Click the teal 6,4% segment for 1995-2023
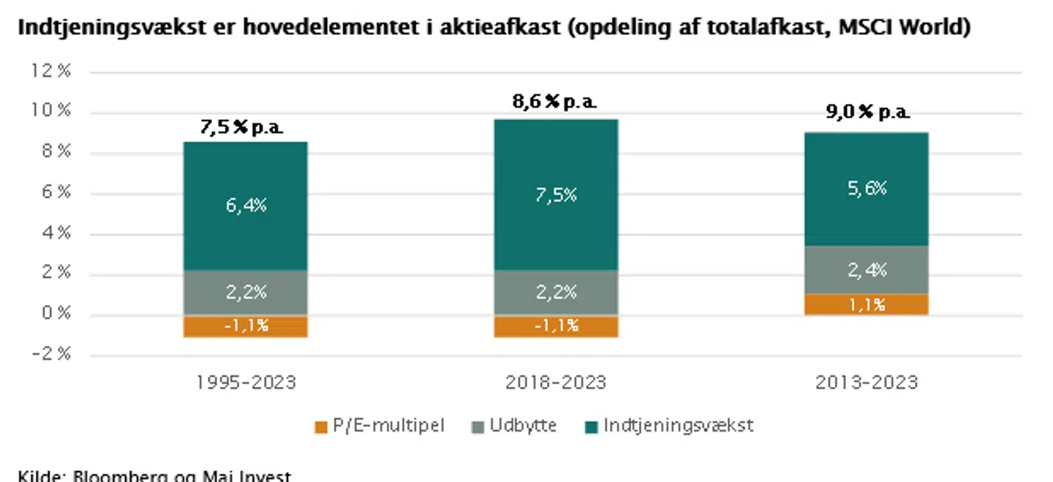point(245,206)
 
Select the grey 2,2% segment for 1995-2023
point(245,293)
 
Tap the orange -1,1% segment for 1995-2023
point(245,326)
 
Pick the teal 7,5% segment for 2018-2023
point(556,195)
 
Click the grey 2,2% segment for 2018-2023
point(556,293)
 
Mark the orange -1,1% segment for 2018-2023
point(556,326)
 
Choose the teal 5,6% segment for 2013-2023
point(867,189)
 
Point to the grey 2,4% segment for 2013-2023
point(867,270)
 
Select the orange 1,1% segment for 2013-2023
point(867,304)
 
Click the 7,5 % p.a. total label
point(241,128)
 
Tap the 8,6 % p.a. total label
point(555,103)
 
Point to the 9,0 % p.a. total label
point(868,113)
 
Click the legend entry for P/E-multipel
point(380,426)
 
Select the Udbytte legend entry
point(513,426)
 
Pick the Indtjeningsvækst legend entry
point(669,426)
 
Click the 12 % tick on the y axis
point(50,71)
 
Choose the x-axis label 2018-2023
point(556,383)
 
